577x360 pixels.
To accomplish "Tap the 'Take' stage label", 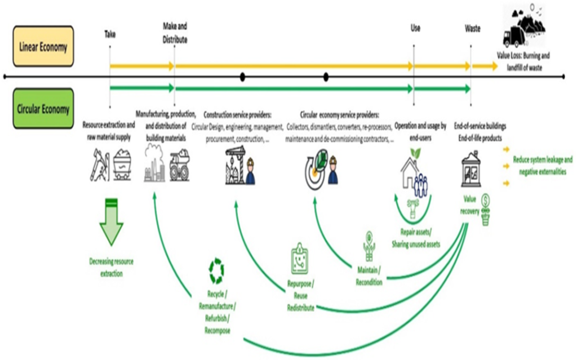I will tap(109, 34).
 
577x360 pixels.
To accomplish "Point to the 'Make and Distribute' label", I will tap(175, 33).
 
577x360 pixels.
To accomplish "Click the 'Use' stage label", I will tap(415, 28).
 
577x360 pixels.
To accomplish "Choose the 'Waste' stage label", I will tap(472, 28).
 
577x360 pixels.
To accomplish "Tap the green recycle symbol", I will tap(216, 270).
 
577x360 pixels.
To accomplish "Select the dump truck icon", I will tap(180, 165).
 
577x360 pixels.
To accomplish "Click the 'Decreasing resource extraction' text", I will tap(111, 267).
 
